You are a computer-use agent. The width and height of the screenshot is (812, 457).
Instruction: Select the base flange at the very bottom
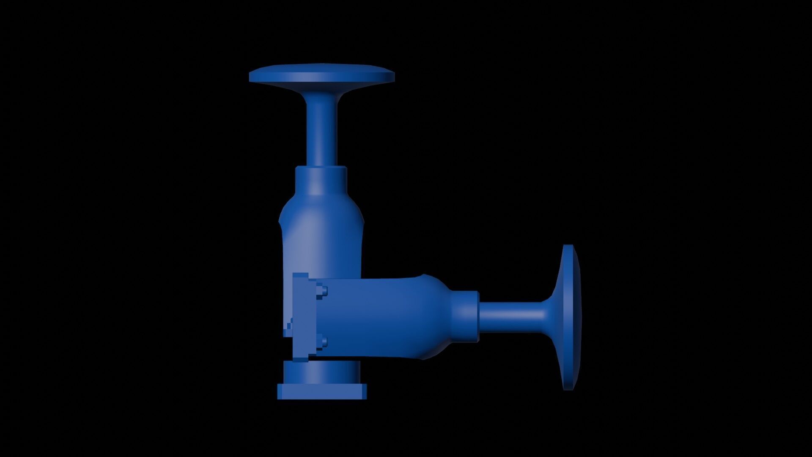click(322, 391)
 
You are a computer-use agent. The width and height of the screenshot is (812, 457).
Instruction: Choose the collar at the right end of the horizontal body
click(465, 317)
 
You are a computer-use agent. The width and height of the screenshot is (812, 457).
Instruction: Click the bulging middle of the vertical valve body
click(321, 237)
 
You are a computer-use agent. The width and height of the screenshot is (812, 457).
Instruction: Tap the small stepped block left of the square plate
click(289, 328)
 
